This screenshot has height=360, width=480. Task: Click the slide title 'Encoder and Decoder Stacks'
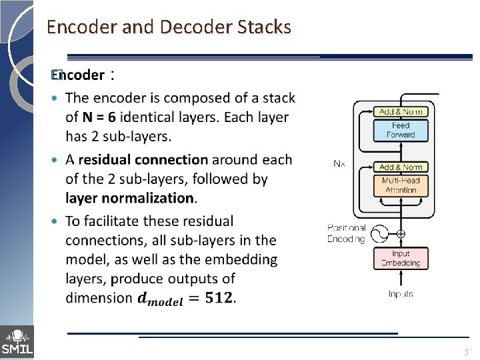coord(169,27)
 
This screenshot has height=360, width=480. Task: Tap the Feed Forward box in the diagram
coord(400,130)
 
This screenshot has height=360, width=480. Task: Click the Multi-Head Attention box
coord(400,185)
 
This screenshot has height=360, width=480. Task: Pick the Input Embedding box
coord(401,258)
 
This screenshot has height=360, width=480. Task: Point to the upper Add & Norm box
coord(400,111)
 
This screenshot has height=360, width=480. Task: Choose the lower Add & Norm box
coord(400,167)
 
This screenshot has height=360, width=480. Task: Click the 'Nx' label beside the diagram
coord(339,163)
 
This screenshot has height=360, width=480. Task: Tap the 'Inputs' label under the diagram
coord(401,294)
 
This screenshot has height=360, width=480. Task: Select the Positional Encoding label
coord(347,233)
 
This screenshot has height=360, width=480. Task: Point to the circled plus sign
coord(401,234)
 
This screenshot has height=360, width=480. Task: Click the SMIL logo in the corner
coord(17,342)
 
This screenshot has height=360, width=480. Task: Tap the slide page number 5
coord(467,352)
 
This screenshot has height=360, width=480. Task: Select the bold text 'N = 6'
coord(99,117)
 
